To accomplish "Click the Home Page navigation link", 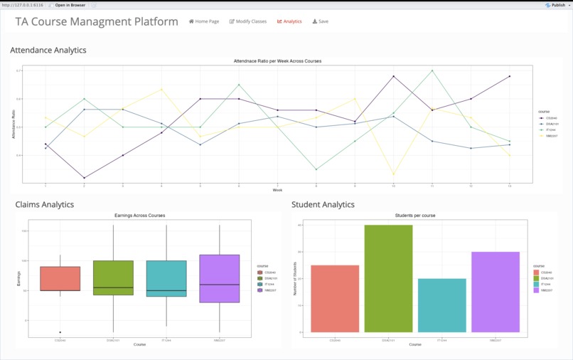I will (204, 21).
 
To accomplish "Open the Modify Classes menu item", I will (248, 21).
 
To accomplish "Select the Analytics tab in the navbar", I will (289, 21).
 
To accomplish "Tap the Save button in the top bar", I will (321, 21).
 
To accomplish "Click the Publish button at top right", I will (556, 5).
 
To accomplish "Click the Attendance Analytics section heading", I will (48, 51).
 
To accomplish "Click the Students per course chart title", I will (415, 215).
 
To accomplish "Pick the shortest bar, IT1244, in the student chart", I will (442, 305).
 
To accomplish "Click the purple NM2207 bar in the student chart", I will (496, 292).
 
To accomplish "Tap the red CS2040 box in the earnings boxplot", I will (60, 278).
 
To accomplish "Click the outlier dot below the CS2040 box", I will (60, 332).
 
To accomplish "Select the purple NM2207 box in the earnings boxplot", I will (220, 278).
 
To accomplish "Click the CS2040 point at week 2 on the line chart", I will (84, 178).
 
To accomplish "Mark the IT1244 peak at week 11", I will (432, 70).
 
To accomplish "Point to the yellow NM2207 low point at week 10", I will (393, 174).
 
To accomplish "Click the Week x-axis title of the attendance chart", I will (277, 190).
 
